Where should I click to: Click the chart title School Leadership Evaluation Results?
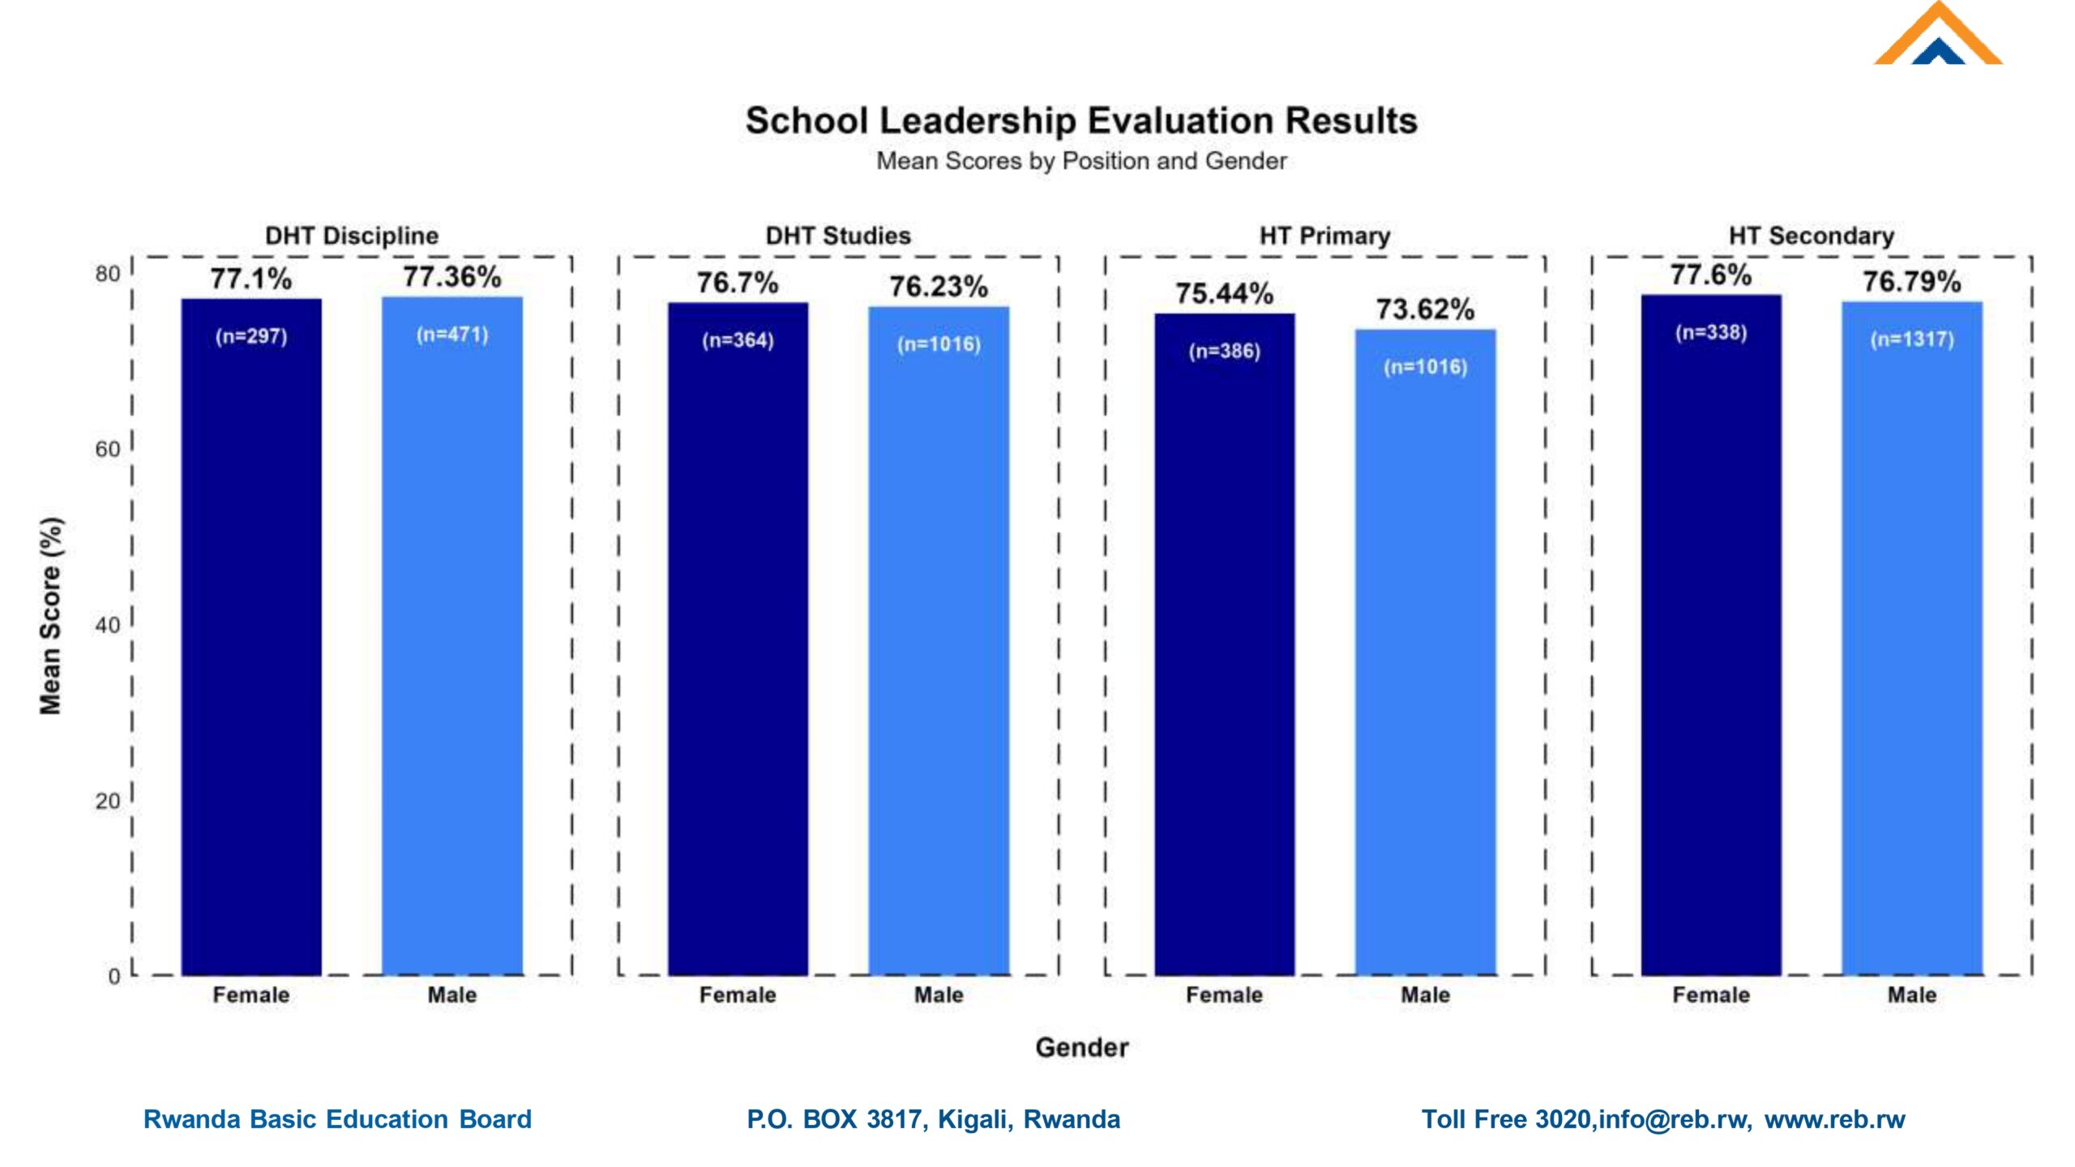coord(1081,122)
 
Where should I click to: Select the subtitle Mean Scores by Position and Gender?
coord(1081,161)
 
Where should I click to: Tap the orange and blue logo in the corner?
coord(1937,36)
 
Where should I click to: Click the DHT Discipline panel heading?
coord(352,236)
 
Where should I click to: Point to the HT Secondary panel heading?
coord(1812,236)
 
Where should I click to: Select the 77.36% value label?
coord(452,277)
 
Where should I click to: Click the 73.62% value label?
coord(1425,310)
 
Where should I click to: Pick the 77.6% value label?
coord(1710,276)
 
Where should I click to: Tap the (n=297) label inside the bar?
coord(251,336)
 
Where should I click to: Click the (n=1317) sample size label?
coord(1912,340)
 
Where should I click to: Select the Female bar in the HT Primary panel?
coord(1224,648)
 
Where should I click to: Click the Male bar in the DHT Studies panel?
coord(939,648)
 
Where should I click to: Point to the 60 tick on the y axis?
coord(107,450)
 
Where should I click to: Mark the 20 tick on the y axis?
coord(107,802)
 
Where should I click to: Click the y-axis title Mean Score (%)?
coord(50,616)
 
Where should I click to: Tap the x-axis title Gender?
coord(1081,1048)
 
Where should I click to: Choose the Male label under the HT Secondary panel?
coord(1912,995)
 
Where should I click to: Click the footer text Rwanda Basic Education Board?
coord(337,1119)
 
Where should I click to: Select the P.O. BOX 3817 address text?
coord(933,1119)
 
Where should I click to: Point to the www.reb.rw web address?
coord(1834,1119)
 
